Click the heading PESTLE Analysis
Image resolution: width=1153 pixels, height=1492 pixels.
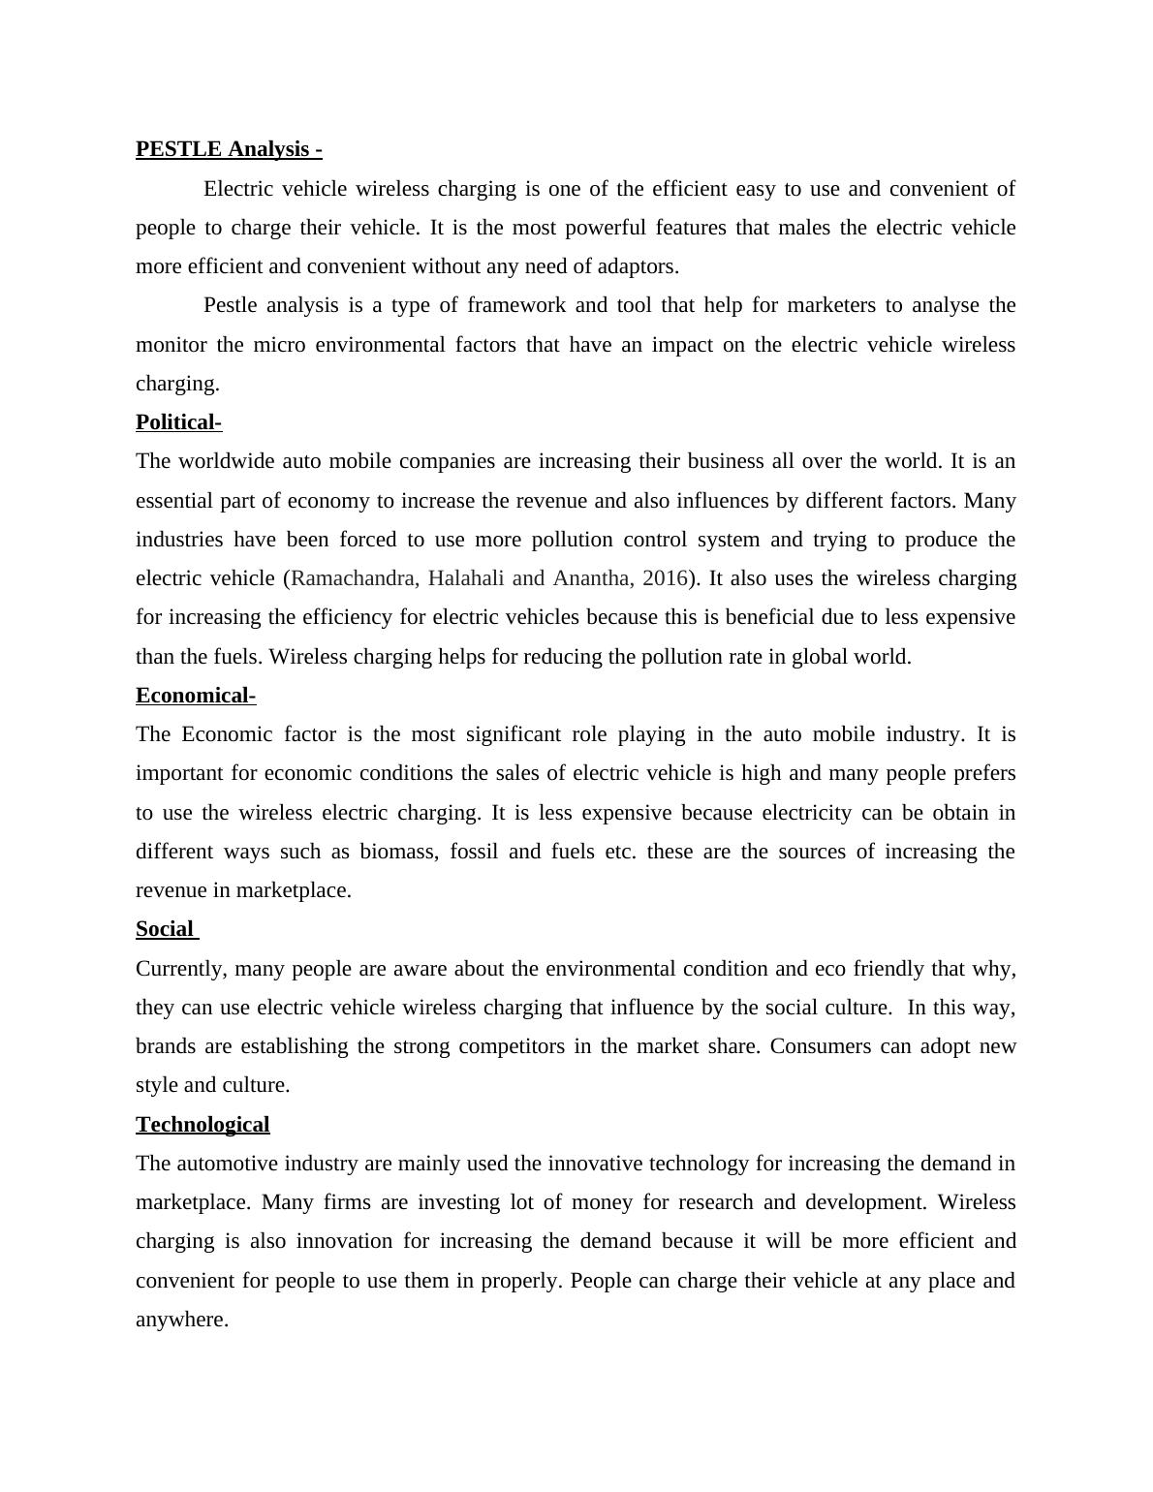click(x=228, y=149)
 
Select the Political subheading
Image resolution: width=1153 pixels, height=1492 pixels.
click(x=178, y=422)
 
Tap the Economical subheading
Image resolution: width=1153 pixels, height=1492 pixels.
click(x=195, y=696)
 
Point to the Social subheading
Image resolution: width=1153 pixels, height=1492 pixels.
click(x=165, y=929)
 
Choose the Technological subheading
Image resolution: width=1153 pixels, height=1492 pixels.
click(x=203, y=1125)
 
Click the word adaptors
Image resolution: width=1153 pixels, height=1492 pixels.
click(x=638, y=266)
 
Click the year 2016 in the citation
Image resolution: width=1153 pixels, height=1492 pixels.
click(x=664, y=578)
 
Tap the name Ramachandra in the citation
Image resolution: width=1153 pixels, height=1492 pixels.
click(x=355, y=578)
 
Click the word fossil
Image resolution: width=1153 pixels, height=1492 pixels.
click(x=474, y=852)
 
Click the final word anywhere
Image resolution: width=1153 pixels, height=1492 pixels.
click(x=181, y=1320)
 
